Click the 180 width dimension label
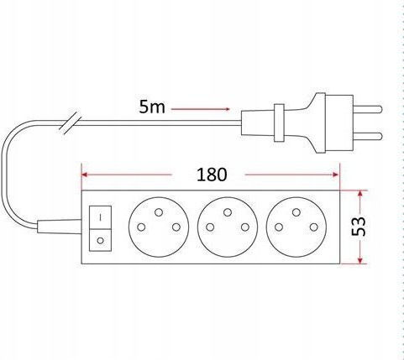(x=212, y=175)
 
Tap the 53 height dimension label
(x=358, y=226)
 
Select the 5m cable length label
(x=152, y=107)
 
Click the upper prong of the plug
(x=368, y=109)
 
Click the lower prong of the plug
(x=368, y=137)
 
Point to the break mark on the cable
(x=69, y=124)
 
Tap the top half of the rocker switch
(x=100, y=217)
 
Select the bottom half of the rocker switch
(x=100, y=240)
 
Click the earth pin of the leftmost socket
(x=159, y=212)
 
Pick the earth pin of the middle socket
(x=228, y=212)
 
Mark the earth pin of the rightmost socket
(x=296, y=212)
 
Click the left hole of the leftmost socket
(x=141, y=227)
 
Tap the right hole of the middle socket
(x=245, y=227)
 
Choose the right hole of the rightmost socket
(x=314, y=227)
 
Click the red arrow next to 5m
(x=201, y=109)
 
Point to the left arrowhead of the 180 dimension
(x=85, y=175)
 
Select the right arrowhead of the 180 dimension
(x=335, y=175)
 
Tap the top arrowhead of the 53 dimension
(x=360, y=194)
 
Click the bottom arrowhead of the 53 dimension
(x=360, y=260)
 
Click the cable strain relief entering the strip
(x=60, y=227)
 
